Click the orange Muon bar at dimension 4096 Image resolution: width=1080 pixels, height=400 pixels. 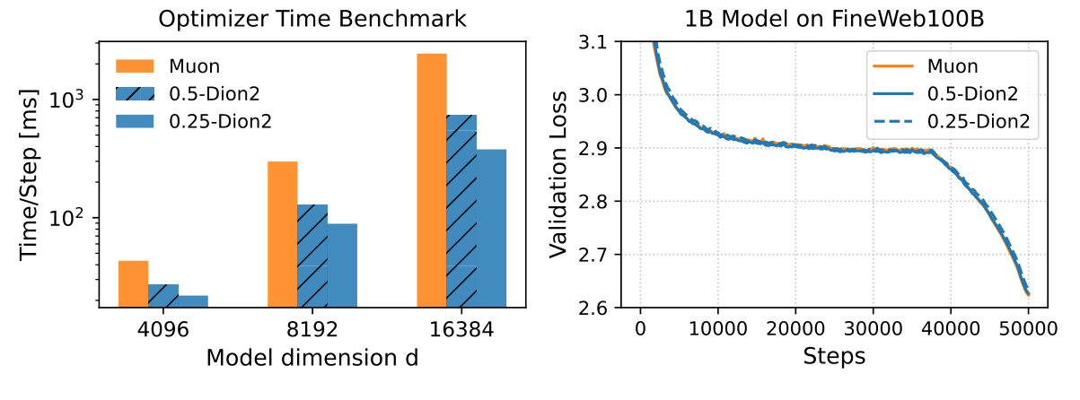tap(134, 284)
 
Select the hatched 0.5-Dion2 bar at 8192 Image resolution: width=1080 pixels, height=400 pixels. tap(312, 256)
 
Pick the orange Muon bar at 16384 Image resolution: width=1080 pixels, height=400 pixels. tap(432, 180)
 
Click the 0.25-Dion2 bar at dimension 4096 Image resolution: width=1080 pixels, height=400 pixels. tap(193, 301)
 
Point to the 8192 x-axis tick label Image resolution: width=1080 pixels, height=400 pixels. tap(312, 330)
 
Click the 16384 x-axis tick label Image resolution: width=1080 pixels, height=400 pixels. tap(461, 330)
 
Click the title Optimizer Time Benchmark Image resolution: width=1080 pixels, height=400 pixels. tap(312, 19)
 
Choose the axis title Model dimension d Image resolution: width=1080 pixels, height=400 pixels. tap(312, 358)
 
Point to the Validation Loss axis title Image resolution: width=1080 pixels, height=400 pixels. tap(558, 176)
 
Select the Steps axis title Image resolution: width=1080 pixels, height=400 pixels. tap(834, 358)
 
